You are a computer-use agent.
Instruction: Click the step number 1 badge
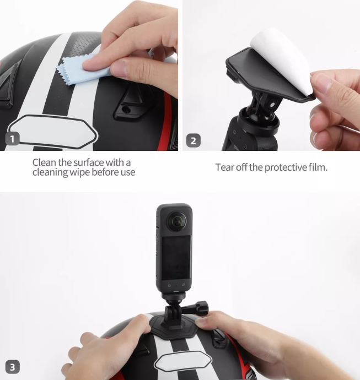pyautogui.click(x=12, y=139)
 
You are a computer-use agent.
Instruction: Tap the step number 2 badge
pyautogui.click(x=194, y=140)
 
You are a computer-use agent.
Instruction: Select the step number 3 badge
pyautogui.click(x=12, y=367)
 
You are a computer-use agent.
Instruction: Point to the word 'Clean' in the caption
pyautogui.click(x=44, y=162)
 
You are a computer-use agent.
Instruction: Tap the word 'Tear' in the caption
pyautogui.click(x=224, y=167)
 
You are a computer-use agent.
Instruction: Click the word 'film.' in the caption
pyautogui.click(x=318, y=167)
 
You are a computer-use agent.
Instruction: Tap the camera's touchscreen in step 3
pyautogui.click(x=176, y=257)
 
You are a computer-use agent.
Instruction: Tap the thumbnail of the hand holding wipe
pyautogui.click(x=89, y=75)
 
